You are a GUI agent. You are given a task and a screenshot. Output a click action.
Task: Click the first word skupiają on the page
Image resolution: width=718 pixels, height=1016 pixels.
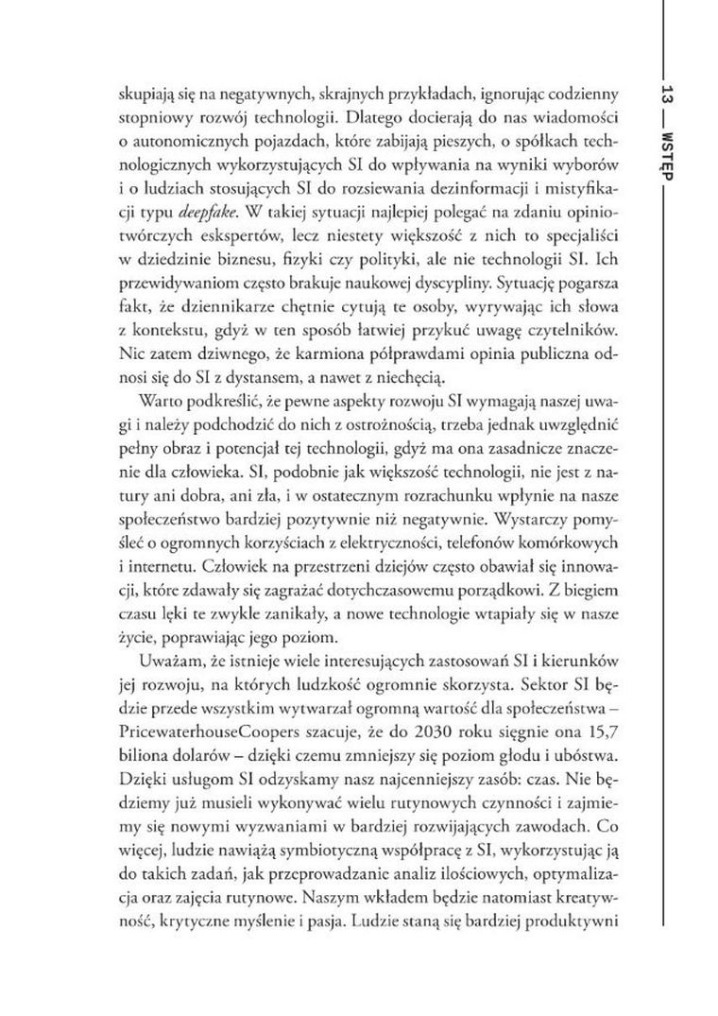pyautogui.click(x=144, y=95)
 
